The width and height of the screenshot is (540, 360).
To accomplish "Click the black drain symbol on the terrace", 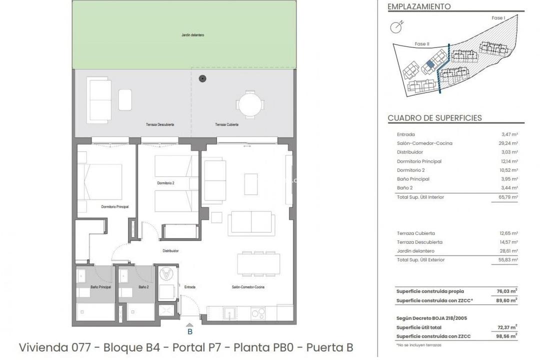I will [x=202, y=78].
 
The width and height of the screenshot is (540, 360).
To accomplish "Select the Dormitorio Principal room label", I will [x=115, y=206].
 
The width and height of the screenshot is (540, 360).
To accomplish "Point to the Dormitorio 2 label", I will [x=165, y=183].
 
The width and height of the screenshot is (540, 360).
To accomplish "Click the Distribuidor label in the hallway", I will [x=170, y=251].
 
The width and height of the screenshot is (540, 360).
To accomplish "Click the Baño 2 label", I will [x=143, y=287].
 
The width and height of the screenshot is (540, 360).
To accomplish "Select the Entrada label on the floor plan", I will [x=189, y=287].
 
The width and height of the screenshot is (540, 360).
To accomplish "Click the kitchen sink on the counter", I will [x=230, y=314].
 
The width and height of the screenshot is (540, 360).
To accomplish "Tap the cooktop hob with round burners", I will [x=258, y=314].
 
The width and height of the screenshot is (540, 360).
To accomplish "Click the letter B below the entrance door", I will [x=190, y=331].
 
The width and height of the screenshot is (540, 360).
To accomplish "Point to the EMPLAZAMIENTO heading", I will [x=419, y=7].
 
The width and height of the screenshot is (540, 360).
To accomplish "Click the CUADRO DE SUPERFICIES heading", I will [x=434, y=118].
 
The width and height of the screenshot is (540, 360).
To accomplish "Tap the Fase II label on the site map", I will [x=421, y=44].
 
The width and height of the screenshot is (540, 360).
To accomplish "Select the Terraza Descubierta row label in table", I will [x=419, y=242].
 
